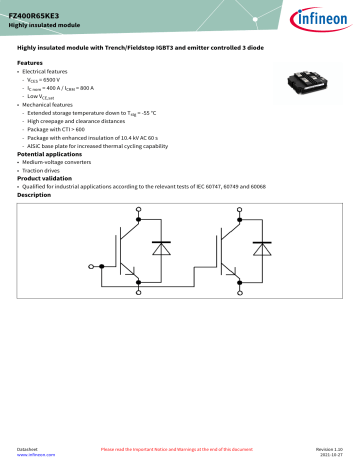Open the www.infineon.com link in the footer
36,457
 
